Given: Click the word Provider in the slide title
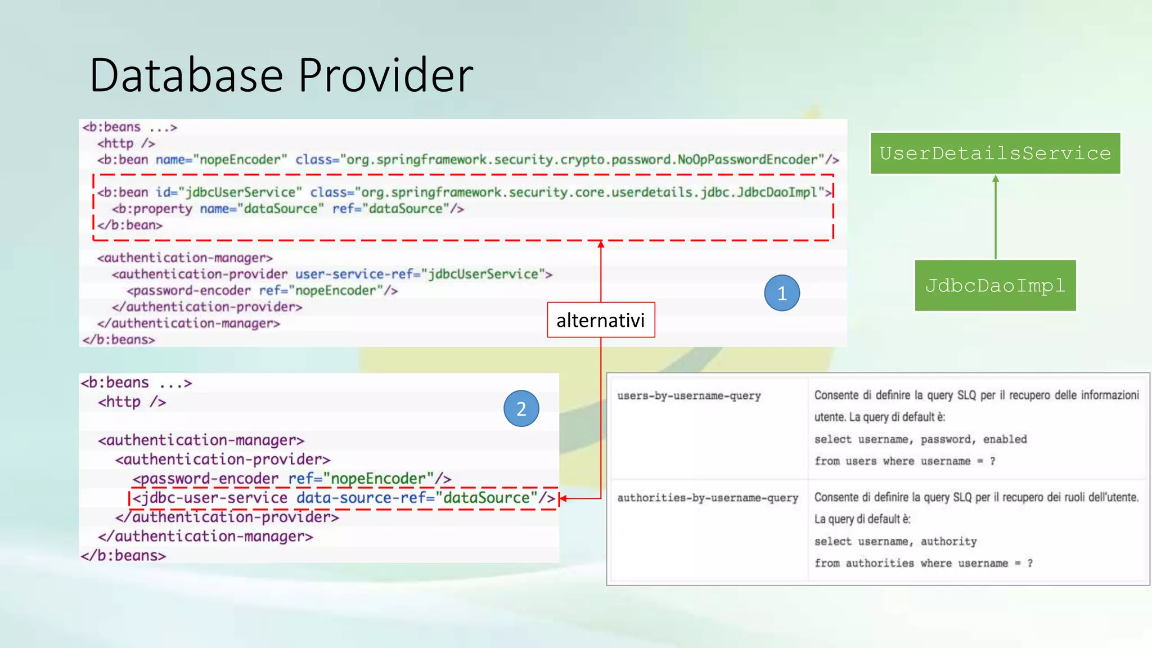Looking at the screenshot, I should click(386, 75).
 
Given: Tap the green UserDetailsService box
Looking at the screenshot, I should click(995, 154).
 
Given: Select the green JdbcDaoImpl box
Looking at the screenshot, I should click(995, 285).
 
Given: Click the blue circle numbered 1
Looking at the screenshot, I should click(782, 293).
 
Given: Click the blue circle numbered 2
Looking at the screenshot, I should click(521, 409).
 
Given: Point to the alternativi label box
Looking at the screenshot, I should click(601, 320).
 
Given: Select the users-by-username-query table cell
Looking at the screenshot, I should click(688, 396).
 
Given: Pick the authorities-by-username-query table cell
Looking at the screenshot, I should click(708, 498).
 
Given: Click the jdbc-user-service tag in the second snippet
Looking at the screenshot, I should click(210, 498).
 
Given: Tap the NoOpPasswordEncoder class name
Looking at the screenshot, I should click(746, 160).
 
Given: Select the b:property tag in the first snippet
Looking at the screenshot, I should click(152, 209).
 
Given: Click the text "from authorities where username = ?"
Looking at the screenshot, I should click(923, 563).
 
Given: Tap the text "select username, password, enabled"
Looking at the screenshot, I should click(920, 439).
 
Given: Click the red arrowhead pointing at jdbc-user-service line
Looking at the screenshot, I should click(562, 498).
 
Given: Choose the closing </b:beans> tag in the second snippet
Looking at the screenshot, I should click(123, 556).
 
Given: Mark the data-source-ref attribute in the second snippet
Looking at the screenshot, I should click(366, 498).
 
